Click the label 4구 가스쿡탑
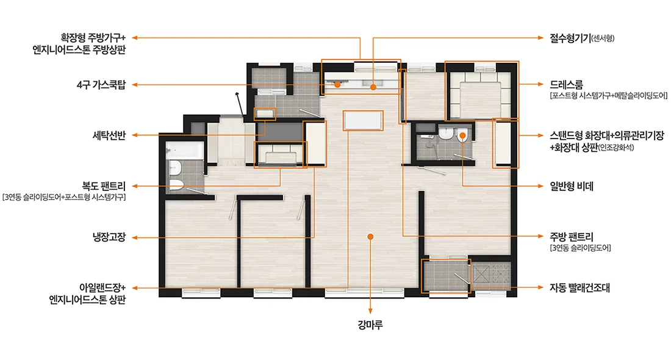pyautogui.click(x=101, y=85)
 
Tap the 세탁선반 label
pyautogui.click(x=109, y=135)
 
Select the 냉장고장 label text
pyautogui.click(x=109, y=237)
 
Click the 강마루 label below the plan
pyautogui.click(x=370, y=325)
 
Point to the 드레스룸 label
pyautogui.click(x=566, y=84)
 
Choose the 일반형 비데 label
pyautogui.click(x=572, y=186)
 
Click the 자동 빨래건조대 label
pyautogui.click(x=579, y=287)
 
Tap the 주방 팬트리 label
pyautogui.click(x=572, y=237)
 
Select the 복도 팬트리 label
pyautogui.click(x=104, y=186)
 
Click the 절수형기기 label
pyautogui.click(x=570, y=38)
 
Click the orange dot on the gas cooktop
pyautogui.click(x=337, y=85)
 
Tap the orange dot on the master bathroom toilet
pyautogui.click(x=462, y=135)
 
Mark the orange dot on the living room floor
pyautogui.click(x=371, y=237)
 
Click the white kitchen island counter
pyautogui.click(x=363, y=120)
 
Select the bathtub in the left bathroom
pyautogui.click(x=185, y=150)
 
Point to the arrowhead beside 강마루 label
pyautogui.click(x=370, y=311)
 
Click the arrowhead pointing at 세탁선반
pyautogui.click(x=134, y=135)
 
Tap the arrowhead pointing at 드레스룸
pyautogui.click(x=540, y=84)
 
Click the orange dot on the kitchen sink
pyautogui.click(x=373, y=87)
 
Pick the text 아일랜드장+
pyautogui.click(x=102, y=287)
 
